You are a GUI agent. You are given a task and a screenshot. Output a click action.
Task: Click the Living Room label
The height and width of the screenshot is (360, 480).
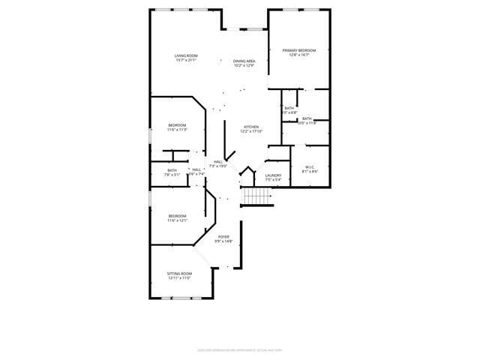186,55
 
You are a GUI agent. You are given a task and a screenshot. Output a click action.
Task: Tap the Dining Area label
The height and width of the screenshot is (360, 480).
244,61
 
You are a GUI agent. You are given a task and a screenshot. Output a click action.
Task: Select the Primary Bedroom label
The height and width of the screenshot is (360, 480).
299,50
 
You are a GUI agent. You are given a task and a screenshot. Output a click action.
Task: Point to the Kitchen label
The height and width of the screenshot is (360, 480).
251,127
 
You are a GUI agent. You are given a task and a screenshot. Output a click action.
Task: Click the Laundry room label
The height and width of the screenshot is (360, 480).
273,175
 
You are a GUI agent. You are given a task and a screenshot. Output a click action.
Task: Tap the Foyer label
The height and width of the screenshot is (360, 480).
224,236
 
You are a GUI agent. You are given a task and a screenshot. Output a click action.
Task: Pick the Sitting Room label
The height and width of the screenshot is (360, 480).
179,273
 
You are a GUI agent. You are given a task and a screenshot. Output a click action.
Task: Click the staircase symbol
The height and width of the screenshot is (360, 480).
257,196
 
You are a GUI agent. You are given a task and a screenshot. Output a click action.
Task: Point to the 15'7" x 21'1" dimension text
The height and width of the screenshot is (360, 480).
186,61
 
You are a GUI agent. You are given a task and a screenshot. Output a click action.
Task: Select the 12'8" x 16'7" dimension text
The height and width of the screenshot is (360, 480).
299,55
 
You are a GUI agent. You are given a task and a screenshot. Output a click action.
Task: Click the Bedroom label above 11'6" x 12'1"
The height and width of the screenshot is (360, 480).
177,215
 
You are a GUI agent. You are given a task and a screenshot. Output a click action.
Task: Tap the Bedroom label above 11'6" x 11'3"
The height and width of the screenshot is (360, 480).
177,124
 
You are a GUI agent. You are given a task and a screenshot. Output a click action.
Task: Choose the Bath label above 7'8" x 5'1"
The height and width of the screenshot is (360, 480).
172,170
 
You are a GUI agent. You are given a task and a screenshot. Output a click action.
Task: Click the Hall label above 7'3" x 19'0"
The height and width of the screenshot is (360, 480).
218,161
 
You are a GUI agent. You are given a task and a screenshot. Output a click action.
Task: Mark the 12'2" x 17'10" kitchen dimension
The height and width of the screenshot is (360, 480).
250,131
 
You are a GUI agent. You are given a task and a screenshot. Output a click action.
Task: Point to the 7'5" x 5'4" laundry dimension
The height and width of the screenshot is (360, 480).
273,180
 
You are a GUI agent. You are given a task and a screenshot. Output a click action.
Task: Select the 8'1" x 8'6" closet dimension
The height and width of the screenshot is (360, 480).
310,172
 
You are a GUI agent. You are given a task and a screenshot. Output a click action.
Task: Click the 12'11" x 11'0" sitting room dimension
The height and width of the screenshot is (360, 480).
179,277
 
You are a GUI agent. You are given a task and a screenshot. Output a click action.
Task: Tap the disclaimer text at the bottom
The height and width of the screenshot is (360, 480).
239,349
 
